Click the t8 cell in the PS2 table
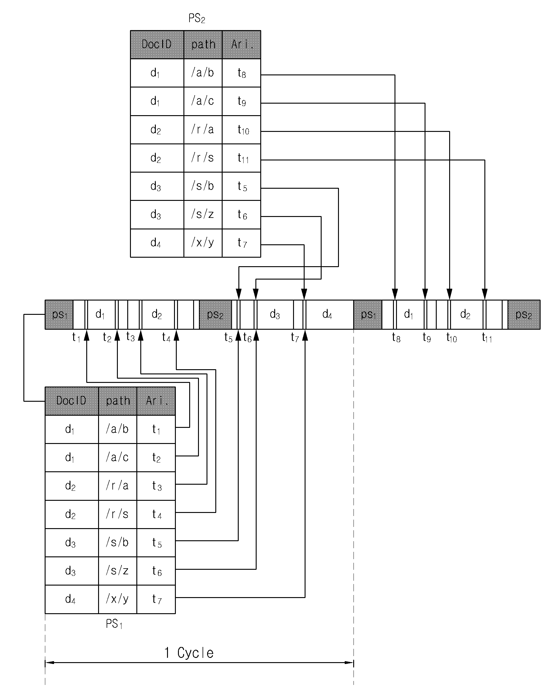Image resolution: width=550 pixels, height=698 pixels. pyautogui.click(x=241, y=73)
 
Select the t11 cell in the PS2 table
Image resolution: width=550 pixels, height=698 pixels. pyautogui.click(x=241, y=158)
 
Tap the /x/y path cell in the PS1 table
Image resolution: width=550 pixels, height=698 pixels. pyautogui.click(x=118, y=599)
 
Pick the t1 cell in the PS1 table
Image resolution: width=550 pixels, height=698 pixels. pyautogui.click(x=156, y=429)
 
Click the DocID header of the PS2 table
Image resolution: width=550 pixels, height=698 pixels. pyautogui.click(x=157, y=44)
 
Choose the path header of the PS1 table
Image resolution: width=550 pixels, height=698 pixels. pyautogui.click(x=118, y=401)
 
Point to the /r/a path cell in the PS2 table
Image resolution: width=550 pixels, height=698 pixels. pyautogui.click(x=203, y=129)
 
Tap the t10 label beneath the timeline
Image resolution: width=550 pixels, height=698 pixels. pyautogui.click(x=452, y=338)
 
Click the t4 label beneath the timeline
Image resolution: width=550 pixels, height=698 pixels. pyautogui.click(x=166, y=337)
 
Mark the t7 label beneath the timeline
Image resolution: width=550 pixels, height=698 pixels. pyautogui.click(x=295, y=337)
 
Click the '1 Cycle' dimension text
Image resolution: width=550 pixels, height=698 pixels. pyautogui.click(x=189, y=652)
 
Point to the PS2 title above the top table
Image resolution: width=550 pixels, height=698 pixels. pyautogui.click(x=197, y=18)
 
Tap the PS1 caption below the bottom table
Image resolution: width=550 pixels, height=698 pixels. pyautogui.click(x=114, y=624)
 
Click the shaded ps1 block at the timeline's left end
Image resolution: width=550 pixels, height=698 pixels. pyautogui.click(x=59, y=315)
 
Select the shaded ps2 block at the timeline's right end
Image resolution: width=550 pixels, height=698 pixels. pyautogui.click(x=524, y=315)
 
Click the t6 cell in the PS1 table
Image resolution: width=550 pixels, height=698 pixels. pyautogui.click(x=156, y=571)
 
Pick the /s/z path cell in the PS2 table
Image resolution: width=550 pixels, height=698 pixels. pyautogui.click(x=203, y=215)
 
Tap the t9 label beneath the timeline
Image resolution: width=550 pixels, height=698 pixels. pyautogui.click(x=427, y=337)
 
